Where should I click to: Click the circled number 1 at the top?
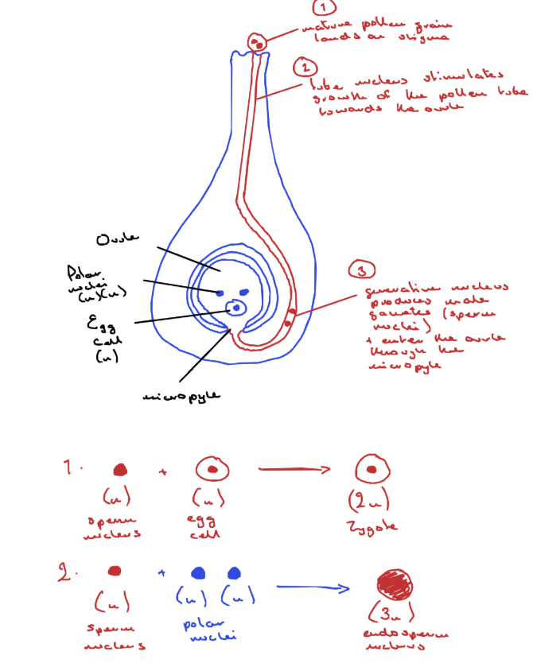click(323, 9)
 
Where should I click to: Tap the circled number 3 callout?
click(363, 271)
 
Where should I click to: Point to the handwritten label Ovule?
click(118, 238)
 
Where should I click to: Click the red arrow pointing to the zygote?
click(294, 470)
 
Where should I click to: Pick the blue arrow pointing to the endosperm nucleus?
click(313, 589)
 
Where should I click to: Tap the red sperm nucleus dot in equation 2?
click(115, 571)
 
